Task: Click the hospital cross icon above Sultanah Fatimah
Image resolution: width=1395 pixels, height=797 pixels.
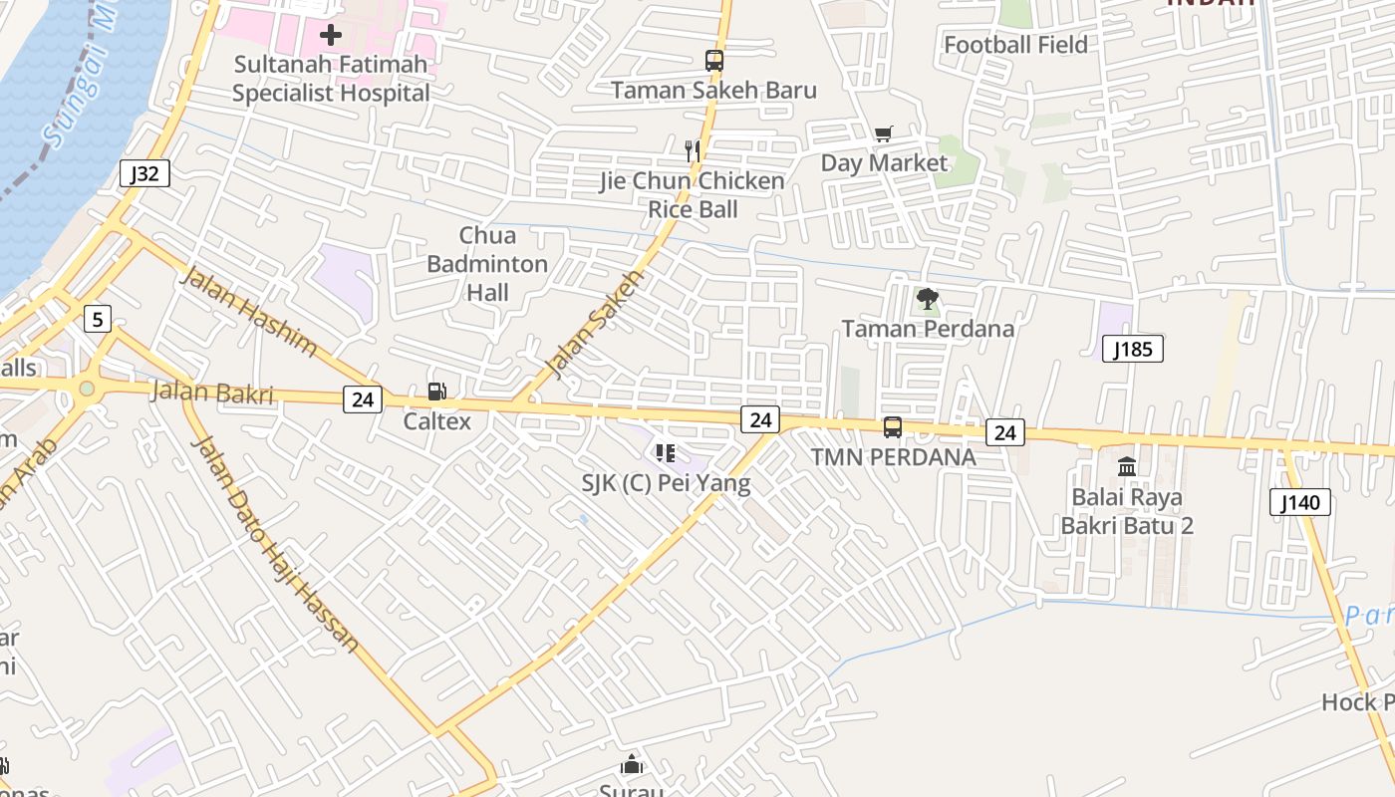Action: (x=331, y=36)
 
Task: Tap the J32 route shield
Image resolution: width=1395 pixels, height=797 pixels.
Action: (x=144, y=173)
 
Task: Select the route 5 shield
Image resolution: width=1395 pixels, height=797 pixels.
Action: (x=97, y=319)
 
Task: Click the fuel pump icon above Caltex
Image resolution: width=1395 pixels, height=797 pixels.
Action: (x=436, y=393)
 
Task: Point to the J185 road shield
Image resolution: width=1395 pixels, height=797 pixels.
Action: (x=1133, y=349)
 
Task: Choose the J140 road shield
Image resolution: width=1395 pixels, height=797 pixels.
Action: (x=1300, y=502)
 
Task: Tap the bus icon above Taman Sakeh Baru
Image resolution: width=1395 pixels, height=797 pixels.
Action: (x=713, y=61)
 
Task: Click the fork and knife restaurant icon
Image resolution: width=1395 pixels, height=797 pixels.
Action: (x=693, y=151)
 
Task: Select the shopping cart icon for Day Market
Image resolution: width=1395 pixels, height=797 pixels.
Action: (x=884, y=134)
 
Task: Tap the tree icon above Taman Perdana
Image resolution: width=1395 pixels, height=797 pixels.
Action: (x=927, y=299)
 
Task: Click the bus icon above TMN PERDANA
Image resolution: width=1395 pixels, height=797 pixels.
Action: (x=893, y=427)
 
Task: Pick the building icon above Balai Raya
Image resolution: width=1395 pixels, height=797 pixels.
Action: (x=1127, y=466)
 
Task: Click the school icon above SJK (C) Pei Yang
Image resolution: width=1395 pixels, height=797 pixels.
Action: (x=666, y=454)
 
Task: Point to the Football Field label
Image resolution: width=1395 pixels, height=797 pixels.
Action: (x=1015, y=45)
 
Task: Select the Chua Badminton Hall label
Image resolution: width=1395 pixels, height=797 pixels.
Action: (x=487, y=264)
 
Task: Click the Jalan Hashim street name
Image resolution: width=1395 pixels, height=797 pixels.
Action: (x=248, y=312)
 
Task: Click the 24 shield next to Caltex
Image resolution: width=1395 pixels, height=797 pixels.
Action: (x=363, y=399)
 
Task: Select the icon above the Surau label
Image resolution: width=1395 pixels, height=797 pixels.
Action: (x=632, y=765)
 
